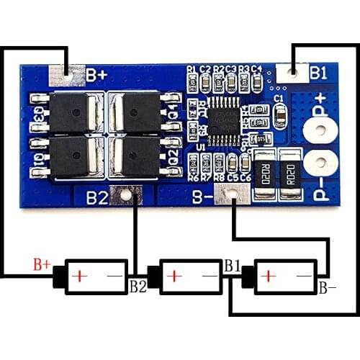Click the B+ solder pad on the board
[x=66, y=73]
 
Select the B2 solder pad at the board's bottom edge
[x=127, y=194]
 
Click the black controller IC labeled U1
[x=223, y=123]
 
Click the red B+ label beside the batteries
[x=42, y=264]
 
